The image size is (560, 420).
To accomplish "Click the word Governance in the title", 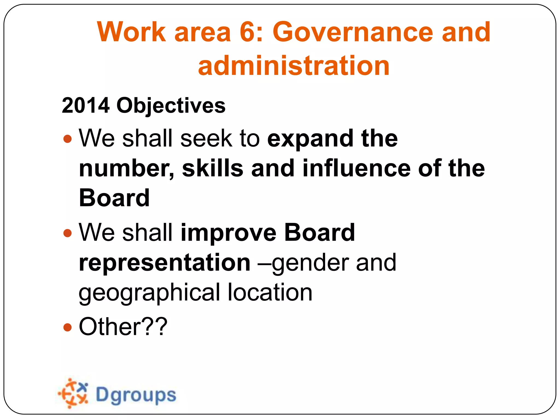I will (x=353, y=32).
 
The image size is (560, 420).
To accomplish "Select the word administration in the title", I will (x=294, y=66).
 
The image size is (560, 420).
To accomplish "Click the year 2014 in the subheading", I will (x=86, y=105).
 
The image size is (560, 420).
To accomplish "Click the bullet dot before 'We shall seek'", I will (x=67, y=139).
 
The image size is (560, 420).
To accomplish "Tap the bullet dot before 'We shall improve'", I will (x=67, y=233).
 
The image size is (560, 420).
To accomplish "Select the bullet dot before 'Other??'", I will (x=67, y=327).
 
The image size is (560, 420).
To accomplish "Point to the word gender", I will (x=311, y=263).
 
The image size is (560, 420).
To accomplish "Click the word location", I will (x=270, y=292).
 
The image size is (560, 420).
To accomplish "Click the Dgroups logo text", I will (x=136, y=395).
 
